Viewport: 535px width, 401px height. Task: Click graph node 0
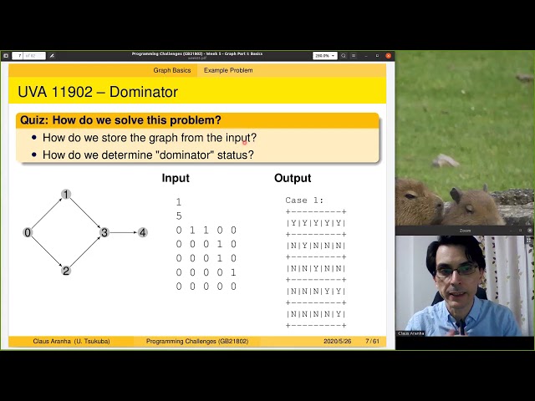[28, 232]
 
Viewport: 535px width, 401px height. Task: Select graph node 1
[66, 195]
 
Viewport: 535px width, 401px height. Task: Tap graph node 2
[66, 271]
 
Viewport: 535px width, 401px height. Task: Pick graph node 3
[104, 232]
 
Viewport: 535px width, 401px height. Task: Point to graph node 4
[142, 232]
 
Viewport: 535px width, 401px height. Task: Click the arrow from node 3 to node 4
[123, 232]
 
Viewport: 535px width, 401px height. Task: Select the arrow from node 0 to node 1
[46, 214]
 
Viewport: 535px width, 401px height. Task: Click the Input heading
[176, 178]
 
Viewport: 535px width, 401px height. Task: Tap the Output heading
[293, 178]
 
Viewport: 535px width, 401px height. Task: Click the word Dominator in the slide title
[144, 91]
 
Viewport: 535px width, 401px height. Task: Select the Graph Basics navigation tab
[172, 70]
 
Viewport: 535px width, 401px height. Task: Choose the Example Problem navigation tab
[228, 70]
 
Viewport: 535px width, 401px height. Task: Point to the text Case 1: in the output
[304, 200]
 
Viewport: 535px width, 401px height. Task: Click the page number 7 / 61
[373, 341]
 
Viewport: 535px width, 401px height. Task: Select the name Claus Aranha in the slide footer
[52, 341]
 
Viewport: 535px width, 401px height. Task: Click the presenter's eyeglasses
[458, 271]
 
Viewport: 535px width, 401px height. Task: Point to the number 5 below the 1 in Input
[179, 216]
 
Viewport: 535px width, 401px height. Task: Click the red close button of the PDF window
[388, 55]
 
